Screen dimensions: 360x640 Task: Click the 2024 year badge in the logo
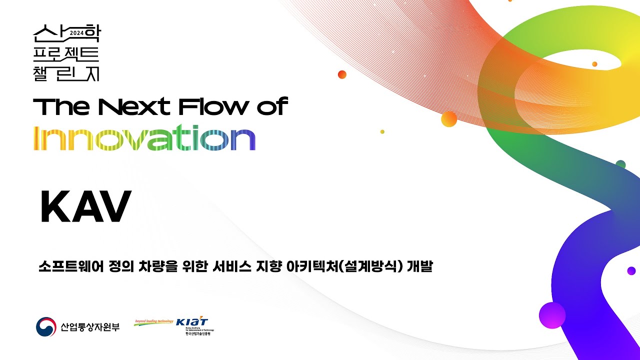point(77,33)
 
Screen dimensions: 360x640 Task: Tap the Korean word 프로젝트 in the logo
point(66,53)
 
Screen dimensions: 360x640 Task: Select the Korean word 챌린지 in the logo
point(66,72)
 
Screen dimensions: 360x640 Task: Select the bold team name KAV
point(85,207)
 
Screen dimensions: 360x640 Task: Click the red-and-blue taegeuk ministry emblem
point(46,327)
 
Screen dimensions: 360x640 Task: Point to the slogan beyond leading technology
point(153,321)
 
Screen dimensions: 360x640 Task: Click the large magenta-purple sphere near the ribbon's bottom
point(552,315)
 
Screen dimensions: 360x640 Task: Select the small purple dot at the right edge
point(631,270)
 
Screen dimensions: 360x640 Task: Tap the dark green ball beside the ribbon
point(620,164)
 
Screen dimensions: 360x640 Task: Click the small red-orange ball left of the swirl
point(342,74)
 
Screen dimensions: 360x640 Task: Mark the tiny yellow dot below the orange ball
point(382,131)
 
